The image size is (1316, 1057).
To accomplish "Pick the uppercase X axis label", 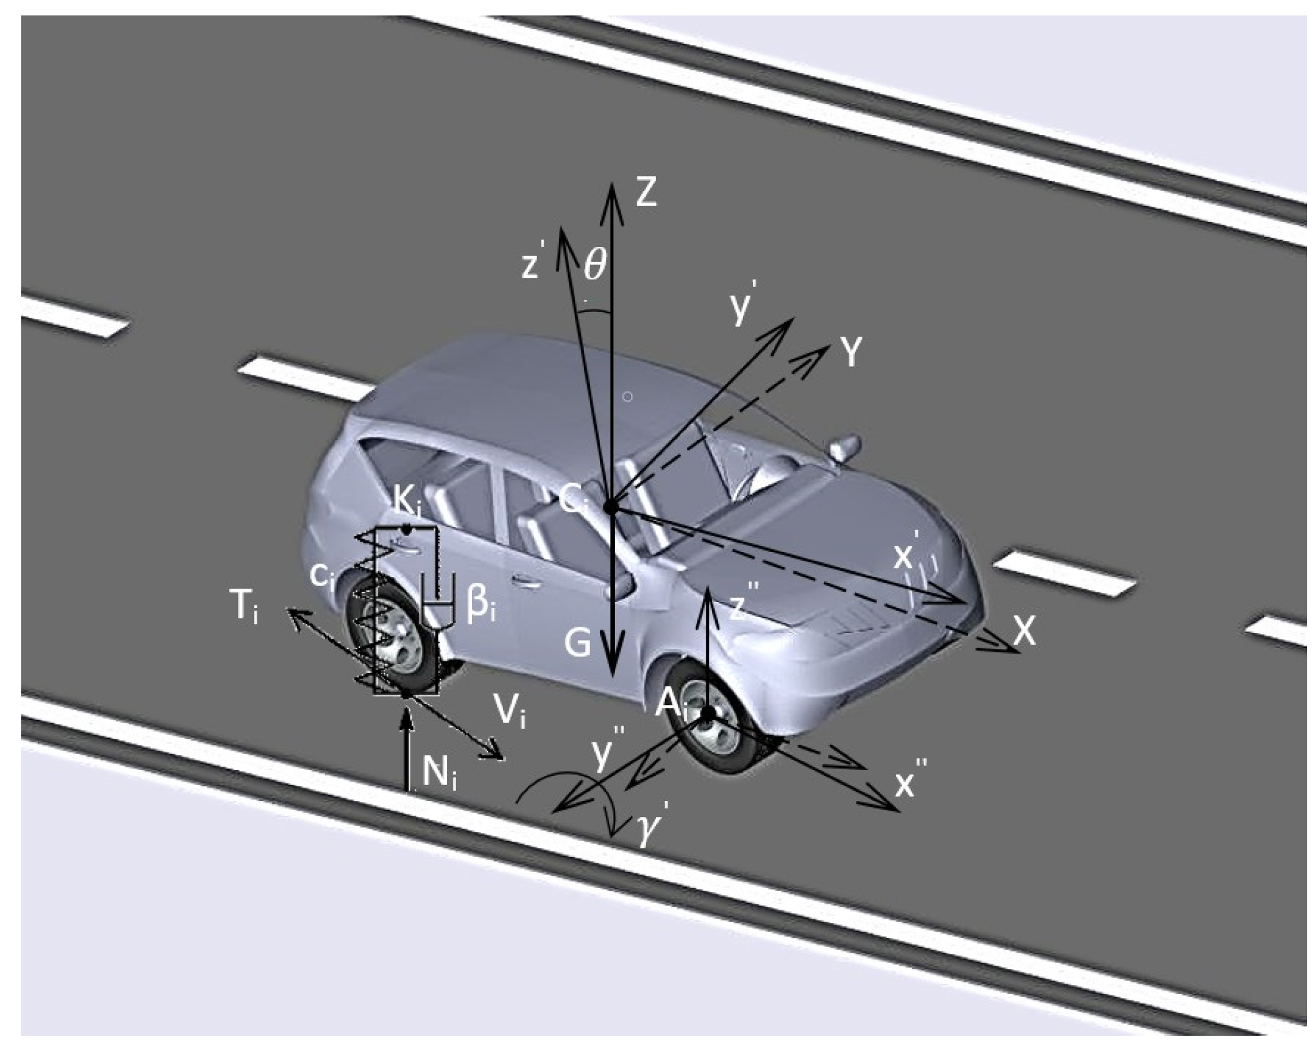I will click(1024, 631).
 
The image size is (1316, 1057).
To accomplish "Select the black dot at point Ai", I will click(707, 713).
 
